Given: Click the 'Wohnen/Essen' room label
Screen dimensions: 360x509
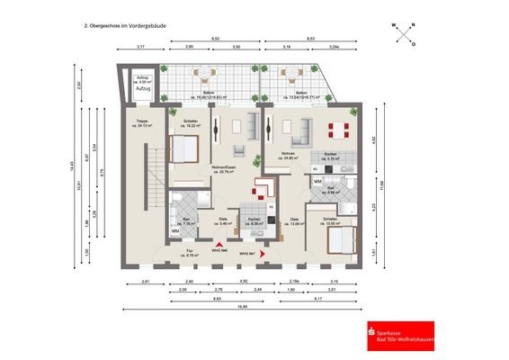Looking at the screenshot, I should [x=225, y=167].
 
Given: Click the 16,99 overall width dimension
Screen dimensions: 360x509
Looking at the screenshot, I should [x=244, y=307].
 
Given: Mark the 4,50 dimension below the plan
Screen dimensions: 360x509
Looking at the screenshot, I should [x=243, y=282].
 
